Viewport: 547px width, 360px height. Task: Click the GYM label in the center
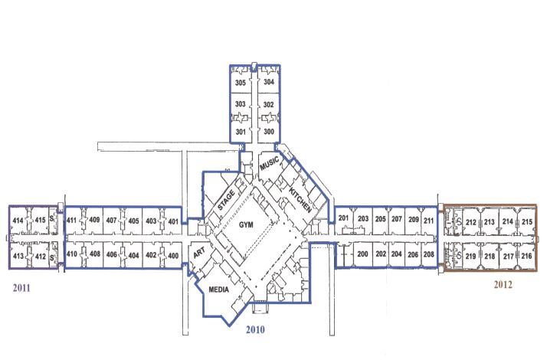coord(246,224)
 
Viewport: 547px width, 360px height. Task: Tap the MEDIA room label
coord(219,290)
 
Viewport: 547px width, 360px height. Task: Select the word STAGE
coord(226,201)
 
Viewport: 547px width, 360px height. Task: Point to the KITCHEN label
coord(300,200)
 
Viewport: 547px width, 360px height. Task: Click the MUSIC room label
coord(270,163)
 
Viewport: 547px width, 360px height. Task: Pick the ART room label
coord(199,253)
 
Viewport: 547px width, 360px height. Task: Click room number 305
coord(241,83)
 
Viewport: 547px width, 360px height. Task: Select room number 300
coord(269,132)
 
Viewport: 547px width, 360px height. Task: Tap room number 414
coord(18,221)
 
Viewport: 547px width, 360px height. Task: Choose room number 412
coord(41,257)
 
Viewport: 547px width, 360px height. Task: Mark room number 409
coord(94,220)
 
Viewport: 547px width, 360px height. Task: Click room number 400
coord(173,255)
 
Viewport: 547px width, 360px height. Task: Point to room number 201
coord(344,218)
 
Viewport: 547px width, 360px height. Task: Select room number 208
coord(429,254)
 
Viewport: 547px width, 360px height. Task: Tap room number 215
coord(527,221)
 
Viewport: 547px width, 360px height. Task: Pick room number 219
coord(470,257)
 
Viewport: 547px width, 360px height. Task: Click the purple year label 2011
coord(21,288)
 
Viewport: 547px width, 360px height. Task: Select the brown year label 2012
coord(503,285)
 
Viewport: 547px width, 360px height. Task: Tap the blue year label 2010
coord(255,329)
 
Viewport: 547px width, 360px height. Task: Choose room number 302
coord(269,104)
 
